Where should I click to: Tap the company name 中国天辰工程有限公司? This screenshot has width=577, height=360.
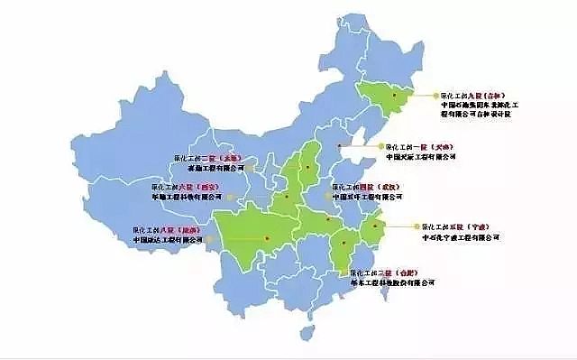click(421, 156)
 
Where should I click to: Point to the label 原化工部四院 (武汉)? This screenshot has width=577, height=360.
click(367, 187)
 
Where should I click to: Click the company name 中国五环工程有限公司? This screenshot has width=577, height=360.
click(368, 198)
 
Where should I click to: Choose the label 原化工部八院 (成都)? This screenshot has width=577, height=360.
click(166, 229)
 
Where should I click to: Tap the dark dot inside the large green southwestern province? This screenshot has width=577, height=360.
click(269, 237)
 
